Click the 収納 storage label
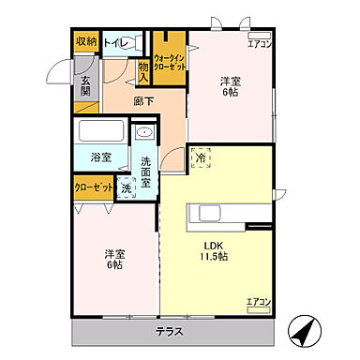tap(86, 43)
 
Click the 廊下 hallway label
tap(143, 99)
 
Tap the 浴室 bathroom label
tap(100, 157)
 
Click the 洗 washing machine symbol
tap(126, 188)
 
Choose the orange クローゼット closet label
tap(93, 187)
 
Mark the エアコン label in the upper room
tap(259, 43)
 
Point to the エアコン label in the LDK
tap(258, 302)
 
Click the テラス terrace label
tap(170, 333)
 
